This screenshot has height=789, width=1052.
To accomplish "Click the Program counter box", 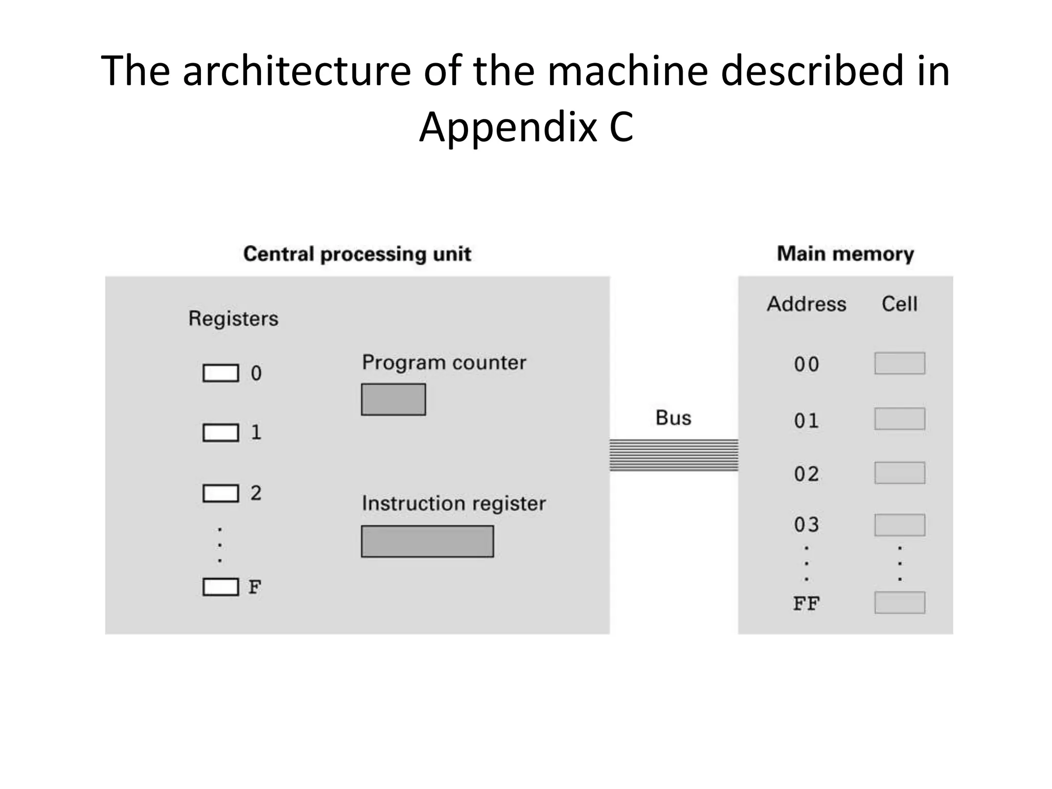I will point(393,399).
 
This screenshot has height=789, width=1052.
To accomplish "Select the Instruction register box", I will point(427,541).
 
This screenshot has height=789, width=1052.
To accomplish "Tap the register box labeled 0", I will point(221,373).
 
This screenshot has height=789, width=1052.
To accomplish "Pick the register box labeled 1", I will point(221,433).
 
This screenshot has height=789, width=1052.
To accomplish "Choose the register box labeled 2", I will point(221,493).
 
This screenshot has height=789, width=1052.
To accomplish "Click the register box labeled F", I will point(221,587).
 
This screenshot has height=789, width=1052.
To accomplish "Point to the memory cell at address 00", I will point(900,363).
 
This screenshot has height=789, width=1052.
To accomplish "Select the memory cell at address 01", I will point(900,419).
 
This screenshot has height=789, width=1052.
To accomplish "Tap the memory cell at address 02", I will point(900,473).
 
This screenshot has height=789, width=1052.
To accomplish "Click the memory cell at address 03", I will point(900,525).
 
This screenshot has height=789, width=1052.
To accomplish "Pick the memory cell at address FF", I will point(900,603).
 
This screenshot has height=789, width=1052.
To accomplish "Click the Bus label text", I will point(673,418).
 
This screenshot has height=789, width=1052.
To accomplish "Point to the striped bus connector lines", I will point(674,455).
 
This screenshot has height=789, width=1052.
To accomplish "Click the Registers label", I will point(233,318).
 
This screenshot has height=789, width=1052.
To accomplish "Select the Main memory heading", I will point(846,254).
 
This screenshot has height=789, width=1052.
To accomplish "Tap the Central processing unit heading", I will point(357,254).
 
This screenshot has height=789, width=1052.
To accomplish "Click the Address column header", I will point(806,304).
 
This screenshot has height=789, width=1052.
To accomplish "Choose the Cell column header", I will point(899,304).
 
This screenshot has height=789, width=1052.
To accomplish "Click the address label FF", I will point(806,604).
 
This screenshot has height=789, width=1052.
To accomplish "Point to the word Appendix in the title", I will point(508,127).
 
